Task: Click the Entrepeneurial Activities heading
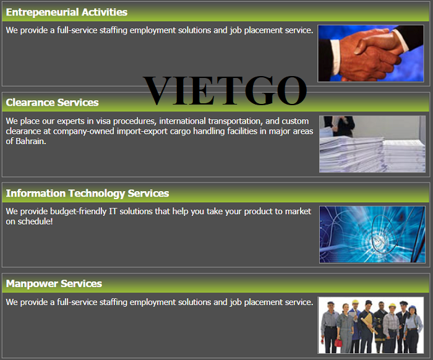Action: pyautogui.click(x=67, y=12)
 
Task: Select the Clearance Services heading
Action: pyautogui.click(x=52, y=103)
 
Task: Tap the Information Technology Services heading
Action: pyautogui.click(x=87, y=194)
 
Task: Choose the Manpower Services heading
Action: pyautogui.click(x=54, y=284)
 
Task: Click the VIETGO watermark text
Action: pyautogui.click(x=225, y=90)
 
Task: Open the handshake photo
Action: pyautogui.click(x=371, y=54)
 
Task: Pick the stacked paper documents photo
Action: pyautogui.click(x=372, y=144)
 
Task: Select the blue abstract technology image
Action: pyautogui.click(x=372, y=234)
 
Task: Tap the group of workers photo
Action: pyautogui.click(x=371, y=325)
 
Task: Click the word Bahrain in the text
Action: pyautogui.click(x=31, y=142)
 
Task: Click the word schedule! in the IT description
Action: pyautogui.click(x=35, y=221)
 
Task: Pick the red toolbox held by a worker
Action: pyautogui.click(x=338, y=343)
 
